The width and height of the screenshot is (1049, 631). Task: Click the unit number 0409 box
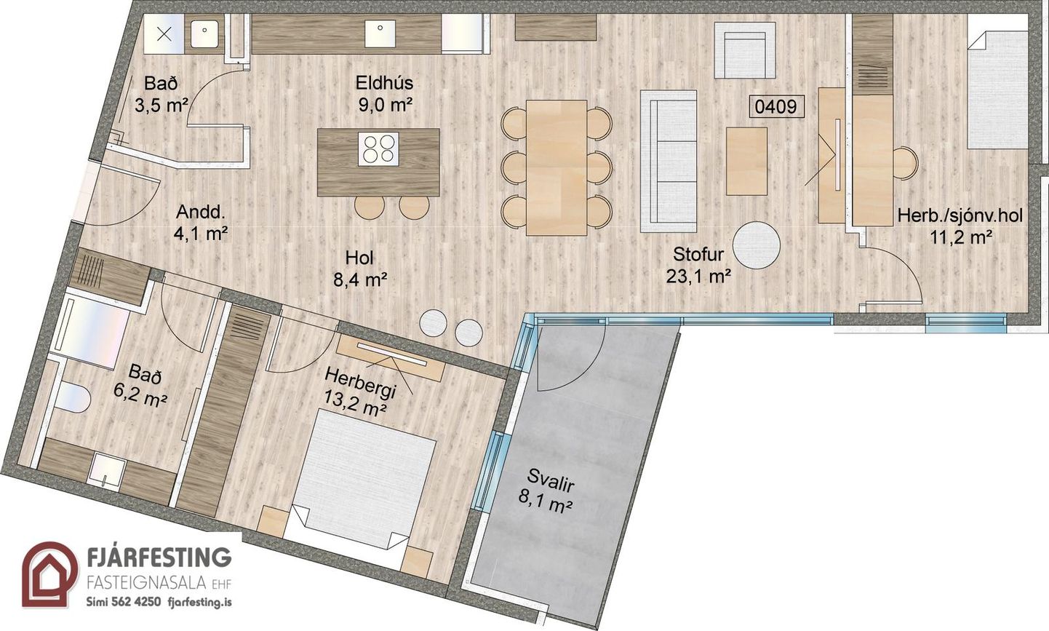point(777,106)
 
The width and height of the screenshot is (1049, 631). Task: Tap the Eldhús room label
point(385,84)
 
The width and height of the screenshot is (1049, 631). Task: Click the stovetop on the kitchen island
point(378,148)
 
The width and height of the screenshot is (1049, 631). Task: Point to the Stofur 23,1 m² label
point(698,266)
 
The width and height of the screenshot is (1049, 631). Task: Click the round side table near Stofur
point(757,245)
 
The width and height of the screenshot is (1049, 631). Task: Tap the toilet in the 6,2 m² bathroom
point(73,398)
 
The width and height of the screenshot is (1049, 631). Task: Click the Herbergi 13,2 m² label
point(358,392)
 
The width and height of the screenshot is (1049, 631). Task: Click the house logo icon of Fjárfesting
point(49,574)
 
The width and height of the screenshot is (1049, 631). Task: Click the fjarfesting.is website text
point(199,602)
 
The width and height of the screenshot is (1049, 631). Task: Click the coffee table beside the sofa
point(746,161)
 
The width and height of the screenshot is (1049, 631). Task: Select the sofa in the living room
point(669,161)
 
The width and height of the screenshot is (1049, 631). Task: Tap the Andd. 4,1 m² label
point(201,223)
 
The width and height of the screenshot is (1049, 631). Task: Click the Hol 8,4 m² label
point(359,269)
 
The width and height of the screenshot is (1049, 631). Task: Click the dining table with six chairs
point(557,167)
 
